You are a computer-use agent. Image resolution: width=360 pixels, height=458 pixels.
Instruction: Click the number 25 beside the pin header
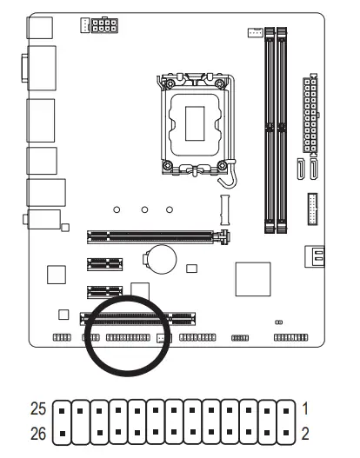38,407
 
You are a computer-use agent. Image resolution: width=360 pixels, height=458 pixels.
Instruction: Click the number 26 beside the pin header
38,428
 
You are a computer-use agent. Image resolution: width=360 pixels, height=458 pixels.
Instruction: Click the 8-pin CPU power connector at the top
102,25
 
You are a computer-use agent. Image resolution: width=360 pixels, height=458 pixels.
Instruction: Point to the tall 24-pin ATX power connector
309,112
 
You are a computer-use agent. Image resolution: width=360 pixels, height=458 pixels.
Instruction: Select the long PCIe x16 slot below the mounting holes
153,234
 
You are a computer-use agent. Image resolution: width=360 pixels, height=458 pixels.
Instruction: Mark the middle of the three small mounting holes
144,209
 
